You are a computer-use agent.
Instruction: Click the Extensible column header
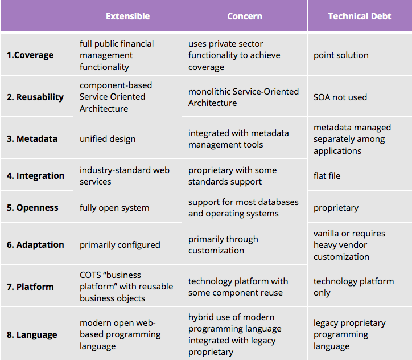127,17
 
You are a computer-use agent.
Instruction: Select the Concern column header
245,17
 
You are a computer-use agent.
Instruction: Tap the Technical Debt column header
360,17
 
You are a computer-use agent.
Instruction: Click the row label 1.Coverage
30,55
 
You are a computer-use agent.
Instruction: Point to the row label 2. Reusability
35,97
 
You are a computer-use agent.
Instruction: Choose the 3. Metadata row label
32,138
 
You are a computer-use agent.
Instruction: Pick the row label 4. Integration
35,175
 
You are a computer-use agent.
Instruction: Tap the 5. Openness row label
32,208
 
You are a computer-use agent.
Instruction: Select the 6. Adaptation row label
35,245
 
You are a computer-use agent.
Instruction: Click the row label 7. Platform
30,287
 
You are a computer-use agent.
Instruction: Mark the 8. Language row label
32,335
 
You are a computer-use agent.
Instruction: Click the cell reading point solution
341,55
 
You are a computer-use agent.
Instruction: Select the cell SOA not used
340,97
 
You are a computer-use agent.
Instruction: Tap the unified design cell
108,139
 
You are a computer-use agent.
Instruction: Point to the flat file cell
327,175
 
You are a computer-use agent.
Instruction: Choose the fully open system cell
114,208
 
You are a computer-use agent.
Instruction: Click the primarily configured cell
120,245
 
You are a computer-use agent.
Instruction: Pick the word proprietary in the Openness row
336,208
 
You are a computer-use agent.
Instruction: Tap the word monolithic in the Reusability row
209,92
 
